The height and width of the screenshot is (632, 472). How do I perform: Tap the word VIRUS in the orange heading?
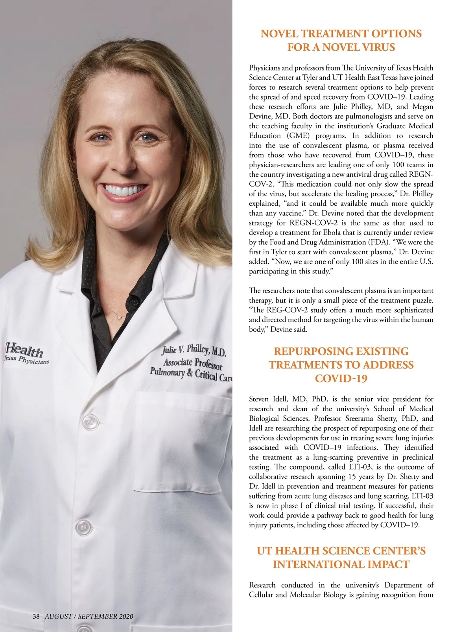pyautogui.click(x=376, y=47)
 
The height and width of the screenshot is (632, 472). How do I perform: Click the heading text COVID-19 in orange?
pyautogui.click(x=341, y=379)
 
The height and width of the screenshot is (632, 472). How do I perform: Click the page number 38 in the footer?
pyautogui.click(x=36, y=616)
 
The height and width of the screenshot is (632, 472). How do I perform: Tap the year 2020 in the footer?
pyautogui.click(x=125, y=616)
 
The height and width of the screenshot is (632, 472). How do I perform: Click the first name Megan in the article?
pyautogui.click(x=423, y=107)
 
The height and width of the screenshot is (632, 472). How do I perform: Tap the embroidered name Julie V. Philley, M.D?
pyautogui.click(x=194, y=349)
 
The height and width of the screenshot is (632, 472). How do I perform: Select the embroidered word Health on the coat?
pyautogui.click(x=25, y=349)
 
